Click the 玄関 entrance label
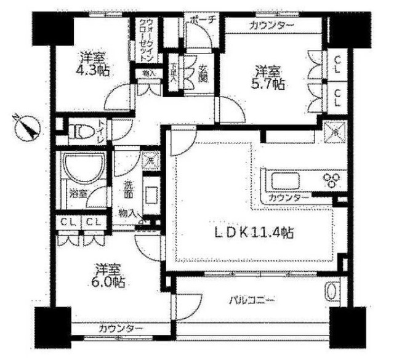(203, 72)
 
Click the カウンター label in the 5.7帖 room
(271, 25)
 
